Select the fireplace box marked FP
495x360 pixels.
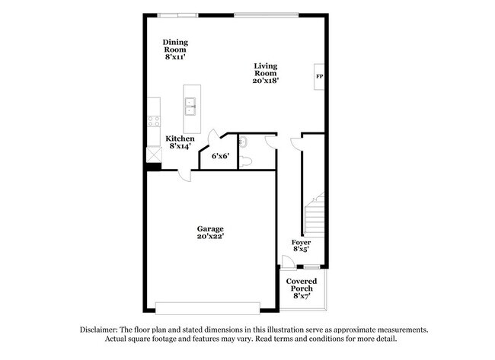tap(319, 77)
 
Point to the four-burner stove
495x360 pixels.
tap(153, 121)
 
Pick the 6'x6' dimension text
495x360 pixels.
tap(221, 156)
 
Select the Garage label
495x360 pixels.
tap(210, 228)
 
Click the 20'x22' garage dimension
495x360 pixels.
tap(210, 237)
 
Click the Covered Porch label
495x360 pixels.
tap(302, 286)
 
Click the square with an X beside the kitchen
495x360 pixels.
tap(153, 153)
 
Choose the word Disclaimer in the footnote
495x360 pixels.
tap(100, 330)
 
